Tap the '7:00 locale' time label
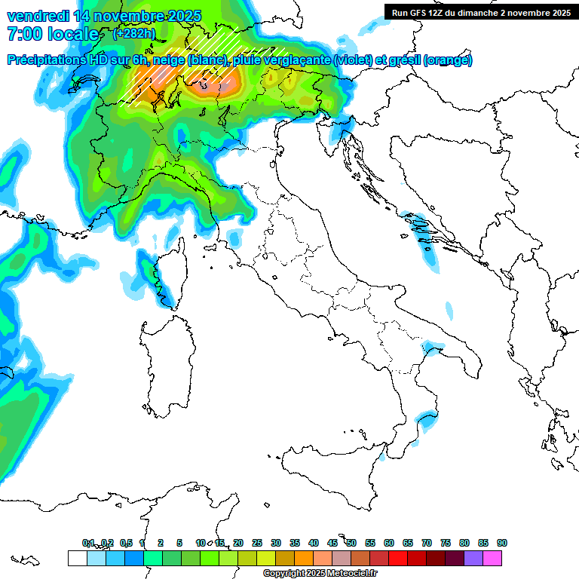52,35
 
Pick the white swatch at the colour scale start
77,558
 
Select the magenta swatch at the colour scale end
492,558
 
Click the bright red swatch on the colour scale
398,558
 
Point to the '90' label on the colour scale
502,543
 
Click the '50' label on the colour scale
351,543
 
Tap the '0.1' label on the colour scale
87,543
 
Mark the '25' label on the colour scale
257,543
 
